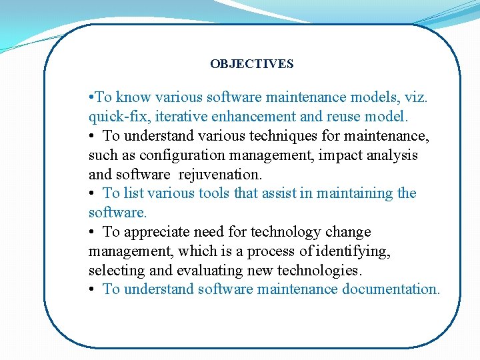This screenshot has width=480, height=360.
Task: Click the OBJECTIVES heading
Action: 251,64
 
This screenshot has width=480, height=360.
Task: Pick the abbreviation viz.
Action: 417,97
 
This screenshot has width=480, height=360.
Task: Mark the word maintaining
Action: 356,193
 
